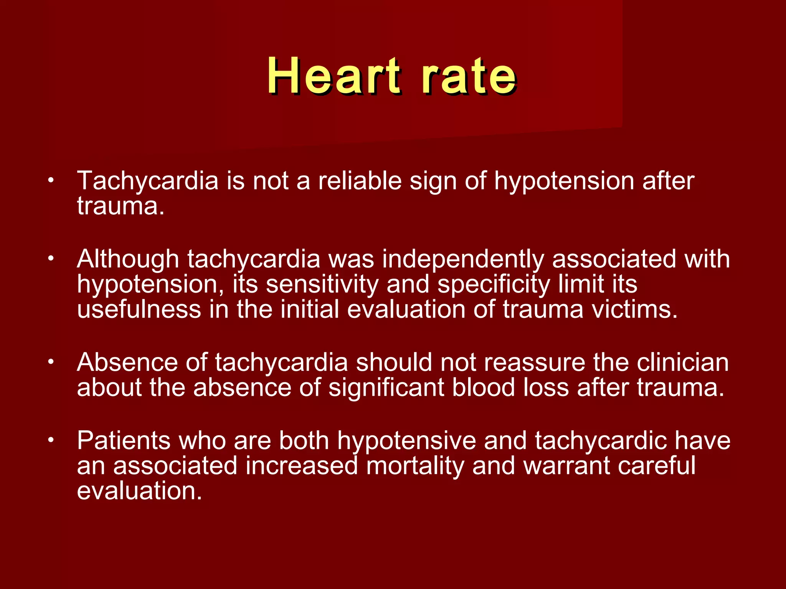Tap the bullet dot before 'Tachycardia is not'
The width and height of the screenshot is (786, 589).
point(50,180)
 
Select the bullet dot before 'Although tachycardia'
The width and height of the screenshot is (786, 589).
point(50,258)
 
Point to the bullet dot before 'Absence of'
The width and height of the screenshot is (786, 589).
point(50,362)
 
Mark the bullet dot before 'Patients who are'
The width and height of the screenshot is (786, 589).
point(50,440)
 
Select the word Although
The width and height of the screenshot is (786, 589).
point(128,259)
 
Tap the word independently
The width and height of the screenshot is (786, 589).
point(463,259)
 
